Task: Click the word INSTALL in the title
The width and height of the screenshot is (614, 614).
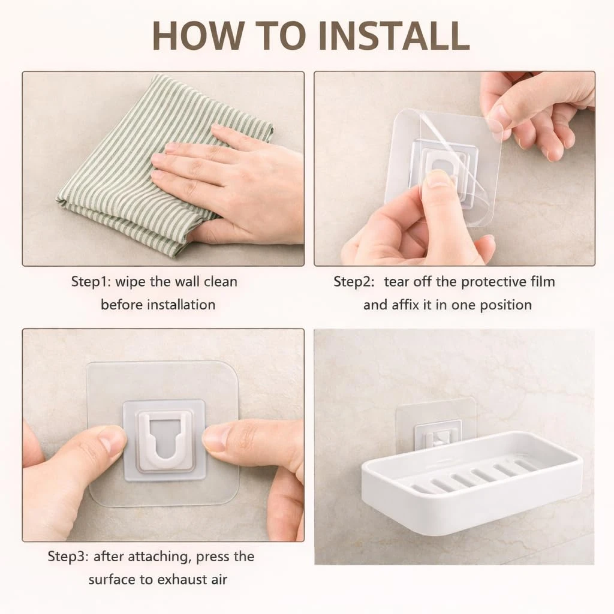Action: pos(395,35)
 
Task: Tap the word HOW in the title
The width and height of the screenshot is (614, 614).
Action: pos(199,35)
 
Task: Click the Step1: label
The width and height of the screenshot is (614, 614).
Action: pos(91,282)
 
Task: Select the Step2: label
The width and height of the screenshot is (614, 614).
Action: pos(354,282)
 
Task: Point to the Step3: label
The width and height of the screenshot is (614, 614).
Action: pos(68,556)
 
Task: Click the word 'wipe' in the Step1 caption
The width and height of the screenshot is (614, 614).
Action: pos(131,282)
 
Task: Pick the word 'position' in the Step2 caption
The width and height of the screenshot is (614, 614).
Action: pos(506,305)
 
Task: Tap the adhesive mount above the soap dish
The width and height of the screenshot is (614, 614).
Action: pos(436,425)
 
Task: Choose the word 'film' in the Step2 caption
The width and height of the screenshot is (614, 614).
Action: pos(543,282)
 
